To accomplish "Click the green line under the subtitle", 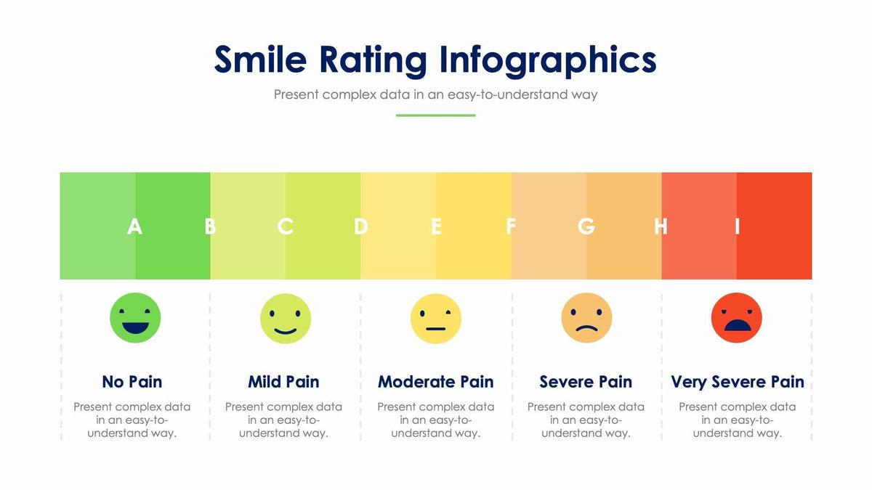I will tap(435, 115).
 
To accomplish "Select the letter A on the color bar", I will tap(134, 226).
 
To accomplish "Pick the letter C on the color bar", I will tap(285, 226).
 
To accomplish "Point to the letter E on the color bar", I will tap(436, 226).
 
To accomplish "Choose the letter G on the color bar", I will tap(586, 226).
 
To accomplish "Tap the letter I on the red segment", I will tap(737, 226).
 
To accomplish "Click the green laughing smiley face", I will tap(135, 318).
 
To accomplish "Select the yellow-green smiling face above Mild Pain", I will tap(286, 318).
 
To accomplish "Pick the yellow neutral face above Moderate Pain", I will tap(436, 318).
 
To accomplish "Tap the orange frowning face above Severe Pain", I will tap(586, 318).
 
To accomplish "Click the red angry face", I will tap(737, 318).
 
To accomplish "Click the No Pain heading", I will tap(132, 382).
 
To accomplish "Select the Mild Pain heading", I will tap(283, 382).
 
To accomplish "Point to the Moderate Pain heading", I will tap(436, 382).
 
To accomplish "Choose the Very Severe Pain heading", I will tap(738, 382).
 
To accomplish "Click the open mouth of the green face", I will tap(135, 327).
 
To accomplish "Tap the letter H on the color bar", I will tap(661, 226).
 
